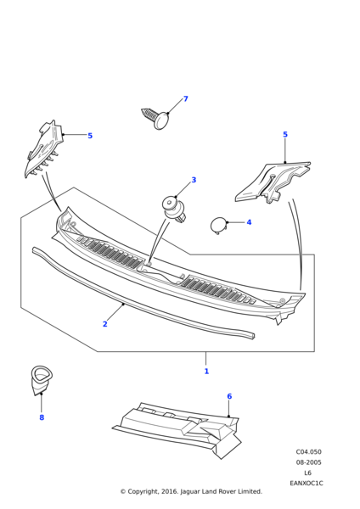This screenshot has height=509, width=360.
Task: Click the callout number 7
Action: pos(185,99)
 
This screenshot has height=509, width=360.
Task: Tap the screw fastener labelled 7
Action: pos(156,117)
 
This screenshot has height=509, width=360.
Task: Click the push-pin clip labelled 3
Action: pos(174,209)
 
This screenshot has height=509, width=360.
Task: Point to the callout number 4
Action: pos(249,222)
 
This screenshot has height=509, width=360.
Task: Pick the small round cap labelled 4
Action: pos(218,224)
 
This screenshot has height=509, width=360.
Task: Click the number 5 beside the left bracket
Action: pos(90,136)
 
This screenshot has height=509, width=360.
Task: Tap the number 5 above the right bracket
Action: pos(284,135)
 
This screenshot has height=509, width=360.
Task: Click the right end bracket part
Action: pos(272,185)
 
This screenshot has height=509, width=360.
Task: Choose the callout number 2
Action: pos(104,324)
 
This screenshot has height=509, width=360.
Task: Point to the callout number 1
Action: pos(205,371)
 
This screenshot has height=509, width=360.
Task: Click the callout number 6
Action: pos(228,396)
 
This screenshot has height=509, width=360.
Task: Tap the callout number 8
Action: pos(41,417)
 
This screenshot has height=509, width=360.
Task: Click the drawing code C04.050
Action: pos(308,452)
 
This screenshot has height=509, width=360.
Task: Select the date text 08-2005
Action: pos(308,462)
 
